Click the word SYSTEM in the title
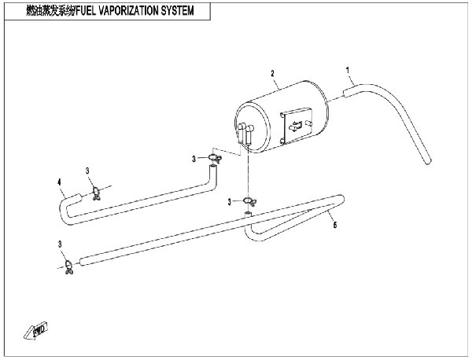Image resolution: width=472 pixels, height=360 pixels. click(x=177, y=11)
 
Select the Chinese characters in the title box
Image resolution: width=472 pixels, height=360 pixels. click(x=50, y=11)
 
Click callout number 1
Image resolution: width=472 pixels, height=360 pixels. click(x=348, y=71)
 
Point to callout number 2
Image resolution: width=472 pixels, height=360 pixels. click(x=273, y=73)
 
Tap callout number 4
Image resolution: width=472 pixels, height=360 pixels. click(x=59, y=182)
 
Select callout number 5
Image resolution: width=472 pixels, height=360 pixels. click(x=335, y=225)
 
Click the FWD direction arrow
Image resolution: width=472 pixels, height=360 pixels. click(x=36, y=331)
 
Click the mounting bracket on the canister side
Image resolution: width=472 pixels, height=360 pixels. click(x=297, y=125)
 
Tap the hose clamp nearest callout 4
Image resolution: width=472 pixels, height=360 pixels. click(x=96, y=193)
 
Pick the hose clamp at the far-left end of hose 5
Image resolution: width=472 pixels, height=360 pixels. click(x=69, y=267)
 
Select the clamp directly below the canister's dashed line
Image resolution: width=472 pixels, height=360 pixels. click(x=249, y=201)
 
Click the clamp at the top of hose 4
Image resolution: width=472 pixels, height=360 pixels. click(x=215, y=158)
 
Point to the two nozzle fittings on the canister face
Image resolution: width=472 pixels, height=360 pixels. click(x=245, y=134)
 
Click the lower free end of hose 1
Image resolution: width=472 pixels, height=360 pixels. click(x=428, y=161)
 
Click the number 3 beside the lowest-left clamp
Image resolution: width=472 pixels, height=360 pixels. click(x=60, y=244)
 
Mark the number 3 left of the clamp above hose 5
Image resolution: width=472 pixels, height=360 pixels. click(x=230, y=202)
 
